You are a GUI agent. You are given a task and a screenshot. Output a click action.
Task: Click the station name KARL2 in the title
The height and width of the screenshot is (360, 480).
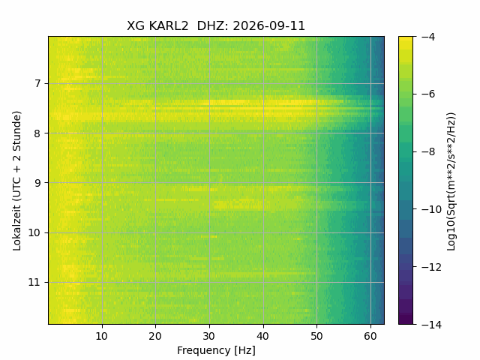coord(169,26)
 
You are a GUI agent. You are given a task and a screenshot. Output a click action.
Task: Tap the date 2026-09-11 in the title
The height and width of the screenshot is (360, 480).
coord(269,26)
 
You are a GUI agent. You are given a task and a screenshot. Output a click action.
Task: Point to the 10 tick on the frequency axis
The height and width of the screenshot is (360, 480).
coord(102,337)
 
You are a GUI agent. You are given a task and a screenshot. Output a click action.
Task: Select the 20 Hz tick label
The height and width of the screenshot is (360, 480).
coord(155,337)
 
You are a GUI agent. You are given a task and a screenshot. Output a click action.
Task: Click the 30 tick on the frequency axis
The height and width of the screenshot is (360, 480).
coord(209,337)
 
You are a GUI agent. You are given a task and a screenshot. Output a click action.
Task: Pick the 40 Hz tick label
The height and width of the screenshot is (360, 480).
coord(263,337)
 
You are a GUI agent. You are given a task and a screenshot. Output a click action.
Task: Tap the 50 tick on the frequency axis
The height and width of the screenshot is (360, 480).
coord(316,337)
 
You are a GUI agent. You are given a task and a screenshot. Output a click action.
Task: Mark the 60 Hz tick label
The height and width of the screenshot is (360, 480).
coord(370,337)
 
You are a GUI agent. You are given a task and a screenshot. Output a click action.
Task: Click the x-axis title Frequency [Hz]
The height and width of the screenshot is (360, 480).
coord(216,350)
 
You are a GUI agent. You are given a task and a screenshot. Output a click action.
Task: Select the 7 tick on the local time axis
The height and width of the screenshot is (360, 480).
coord(37,83)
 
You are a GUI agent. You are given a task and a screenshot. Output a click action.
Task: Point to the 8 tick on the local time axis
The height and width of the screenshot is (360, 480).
coord(37,133)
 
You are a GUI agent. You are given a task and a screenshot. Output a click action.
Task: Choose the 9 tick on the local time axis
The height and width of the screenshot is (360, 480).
coord(37,183)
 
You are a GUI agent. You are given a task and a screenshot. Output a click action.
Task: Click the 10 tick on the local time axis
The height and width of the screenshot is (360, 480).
coord(34,233)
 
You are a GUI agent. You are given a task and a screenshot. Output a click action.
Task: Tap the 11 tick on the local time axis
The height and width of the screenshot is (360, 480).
coord(34,283)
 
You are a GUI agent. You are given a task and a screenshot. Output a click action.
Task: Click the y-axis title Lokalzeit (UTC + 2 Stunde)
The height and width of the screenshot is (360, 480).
coord(17,181)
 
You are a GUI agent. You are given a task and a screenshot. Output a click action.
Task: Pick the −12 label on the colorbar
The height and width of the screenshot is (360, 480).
coord(431,267)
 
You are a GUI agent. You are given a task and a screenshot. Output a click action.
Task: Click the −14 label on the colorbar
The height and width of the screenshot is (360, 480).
coord(431,325)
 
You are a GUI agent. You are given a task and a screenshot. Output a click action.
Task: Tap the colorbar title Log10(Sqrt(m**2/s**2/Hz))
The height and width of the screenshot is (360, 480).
coord(451,181)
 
